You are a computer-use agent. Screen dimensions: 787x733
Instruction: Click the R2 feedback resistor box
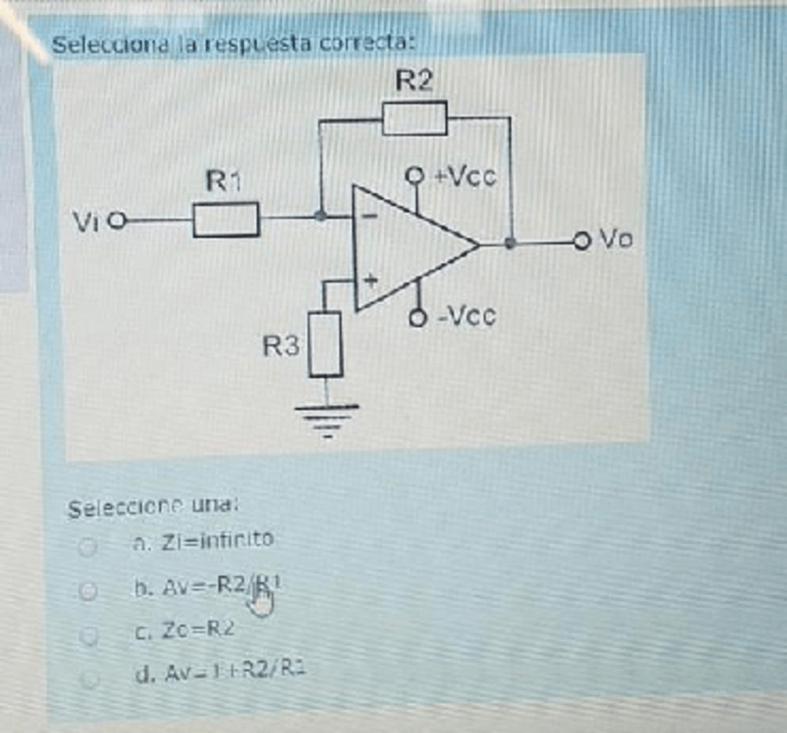point(414,119)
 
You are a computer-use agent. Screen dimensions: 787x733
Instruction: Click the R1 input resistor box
point(226,220)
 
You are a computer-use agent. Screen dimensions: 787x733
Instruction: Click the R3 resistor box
point(326,344)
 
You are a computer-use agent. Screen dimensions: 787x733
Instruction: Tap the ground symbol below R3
point(326,419)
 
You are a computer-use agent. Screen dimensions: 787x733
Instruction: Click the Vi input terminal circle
point(118,221)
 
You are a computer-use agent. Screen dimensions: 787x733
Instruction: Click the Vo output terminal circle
point(581,243)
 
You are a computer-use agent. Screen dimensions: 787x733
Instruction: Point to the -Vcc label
point(467,317)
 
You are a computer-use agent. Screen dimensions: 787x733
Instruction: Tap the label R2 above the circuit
point(414,82)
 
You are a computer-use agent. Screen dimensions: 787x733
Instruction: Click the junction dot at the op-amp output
point(510,243)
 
